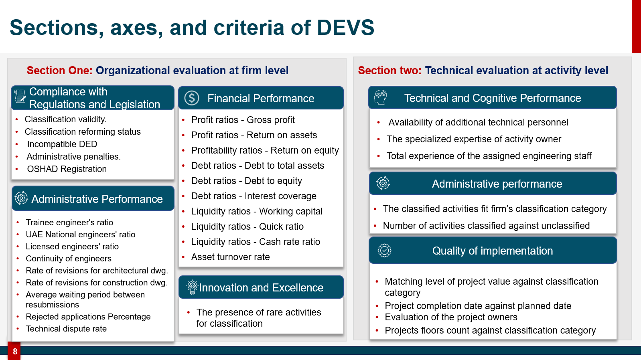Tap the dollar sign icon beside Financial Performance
(x=191, y=98)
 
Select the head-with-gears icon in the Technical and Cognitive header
(x=381, y=97)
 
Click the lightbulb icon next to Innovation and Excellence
(x=192, y=287)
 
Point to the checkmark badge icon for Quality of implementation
(x=384, y=251)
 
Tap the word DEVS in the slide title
(x=345, y=28)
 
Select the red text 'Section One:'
(x=59, y=70)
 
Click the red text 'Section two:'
(x=389, y=70)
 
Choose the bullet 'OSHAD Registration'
(x=67, y=169)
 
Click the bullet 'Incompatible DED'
(x=62, y=144)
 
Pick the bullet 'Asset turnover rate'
(x=230, y=257)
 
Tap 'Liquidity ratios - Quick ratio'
(x=247, y=227)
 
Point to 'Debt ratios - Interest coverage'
(x=254, y=196)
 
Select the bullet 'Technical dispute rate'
(x=66, y=329)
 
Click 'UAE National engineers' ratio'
(x=80, y=235)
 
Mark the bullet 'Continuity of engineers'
(x=69, y=259)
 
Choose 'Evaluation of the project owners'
(x=451, y=317)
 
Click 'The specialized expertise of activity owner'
(x=474, y=139)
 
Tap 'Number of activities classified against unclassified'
(x=486, y=226)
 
